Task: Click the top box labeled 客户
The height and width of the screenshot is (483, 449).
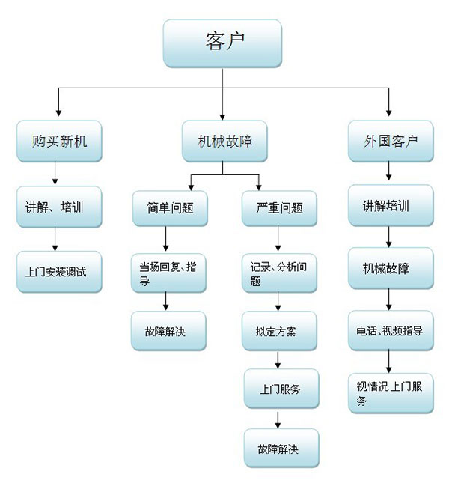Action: coord(222,42)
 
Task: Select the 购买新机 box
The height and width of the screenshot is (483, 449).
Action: coord(59,140)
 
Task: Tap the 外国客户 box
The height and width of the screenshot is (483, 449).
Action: coord(389,140)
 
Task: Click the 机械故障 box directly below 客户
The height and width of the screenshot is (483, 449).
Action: coord(224,140)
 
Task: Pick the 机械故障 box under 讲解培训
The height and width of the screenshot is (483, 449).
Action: coord(389,268)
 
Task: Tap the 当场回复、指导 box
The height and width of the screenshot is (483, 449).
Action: coord(168,273)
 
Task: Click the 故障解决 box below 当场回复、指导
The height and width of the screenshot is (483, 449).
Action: coord(168,330)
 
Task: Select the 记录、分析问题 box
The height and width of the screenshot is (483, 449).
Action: coord(279,273)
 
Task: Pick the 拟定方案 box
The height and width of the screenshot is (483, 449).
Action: coord(279,330)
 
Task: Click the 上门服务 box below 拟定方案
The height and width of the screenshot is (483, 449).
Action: coord(279,389)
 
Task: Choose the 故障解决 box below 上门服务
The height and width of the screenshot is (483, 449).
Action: coord(279,448)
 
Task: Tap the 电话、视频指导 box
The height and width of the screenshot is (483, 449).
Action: coord(389,330)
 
